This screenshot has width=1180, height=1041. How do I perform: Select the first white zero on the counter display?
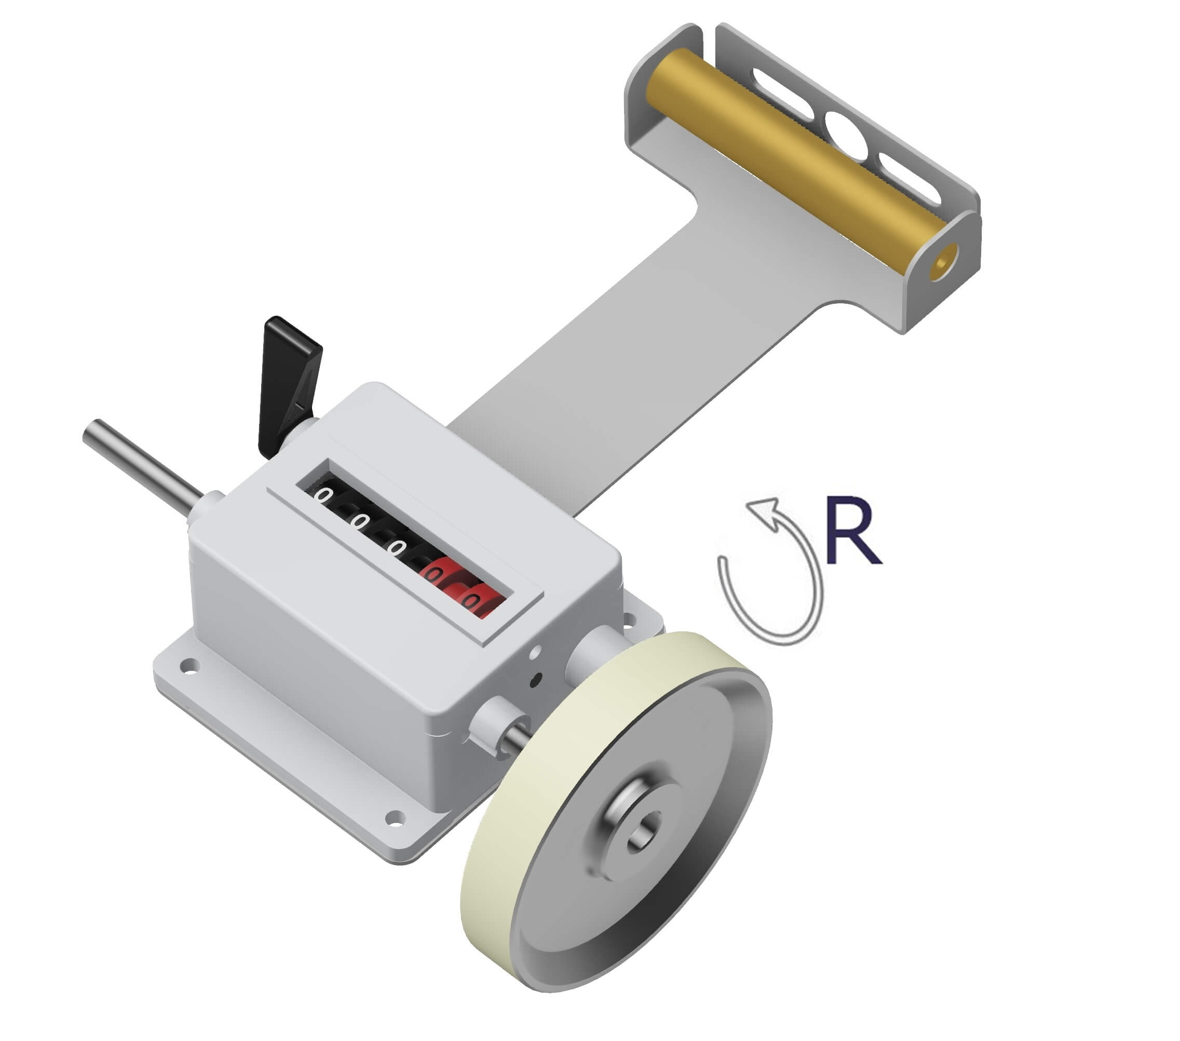(324, 495)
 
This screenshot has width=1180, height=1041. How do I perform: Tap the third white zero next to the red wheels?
(396, 547)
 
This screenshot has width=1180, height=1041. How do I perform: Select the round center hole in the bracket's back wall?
(846, 135)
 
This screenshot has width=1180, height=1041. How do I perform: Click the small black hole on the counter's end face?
(535, 681)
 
